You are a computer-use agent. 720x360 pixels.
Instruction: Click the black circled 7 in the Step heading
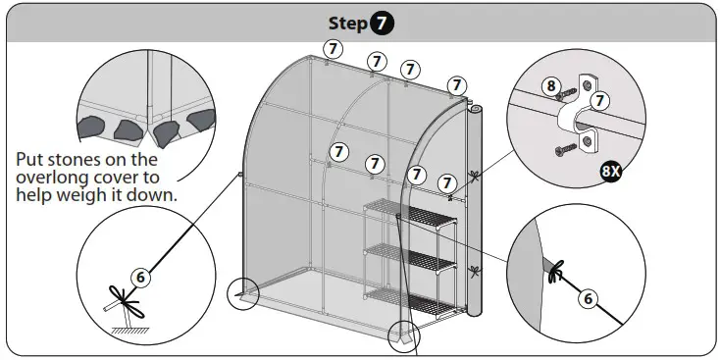pyautogui.click(x=382, y=24)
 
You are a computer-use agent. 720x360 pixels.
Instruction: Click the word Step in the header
pyautogui.click(x=347, y=24)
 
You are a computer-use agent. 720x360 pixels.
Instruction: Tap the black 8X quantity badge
pyautogui.click(x=612, y=172)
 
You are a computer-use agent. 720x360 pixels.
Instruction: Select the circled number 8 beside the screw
pyautogui.click(x=551, y=86)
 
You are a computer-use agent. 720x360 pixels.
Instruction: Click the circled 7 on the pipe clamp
pyautogui.click(x=599, y=100)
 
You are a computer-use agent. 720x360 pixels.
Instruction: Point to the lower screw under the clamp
pyautogui.click(x=565, y=150)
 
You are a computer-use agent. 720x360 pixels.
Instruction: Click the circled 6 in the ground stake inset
pyautogui.click(x=140, y=278)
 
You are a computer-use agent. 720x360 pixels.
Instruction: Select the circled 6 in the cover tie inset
pyautogui.click(x=589, y=299)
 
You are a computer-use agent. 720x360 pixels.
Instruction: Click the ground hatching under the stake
pyautogui.click(x=130, y=331)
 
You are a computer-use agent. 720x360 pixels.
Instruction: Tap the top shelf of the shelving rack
pyautogui.click(x=410, y=214)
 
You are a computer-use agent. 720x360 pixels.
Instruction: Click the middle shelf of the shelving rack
pyautogui.click(x=410, y=257)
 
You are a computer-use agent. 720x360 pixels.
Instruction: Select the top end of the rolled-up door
pyautogui.click(x=475, y=110)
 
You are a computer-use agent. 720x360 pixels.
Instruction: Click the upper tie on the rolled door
pyautogui.click(x=474, y=176)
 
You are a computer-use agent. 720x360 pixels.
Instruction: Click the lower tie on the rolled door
pyautogui.click(x=475, y=272)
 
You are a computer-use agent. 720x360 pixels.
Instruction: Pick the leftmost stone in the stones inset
pyautogui.click(x=91, y=127)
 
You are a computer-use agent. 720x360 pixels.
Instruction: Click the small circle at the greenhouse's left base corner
pyautogui.click(x=243, y=294)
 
